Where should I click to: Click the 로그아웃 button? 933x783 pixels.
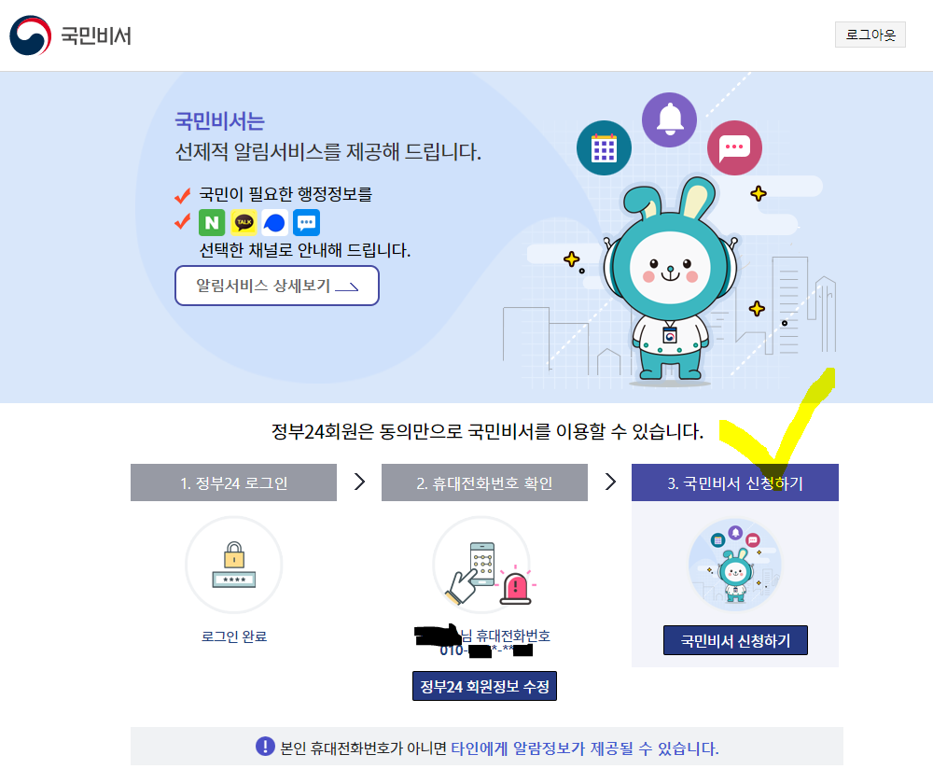point(870,35)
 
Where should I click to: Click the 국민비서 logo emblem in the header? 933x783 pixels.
point(32,36)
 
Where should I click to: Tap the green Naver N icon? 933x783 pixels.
point(212,222)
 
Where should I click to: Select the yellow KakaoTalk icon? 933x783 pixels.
point(244,222)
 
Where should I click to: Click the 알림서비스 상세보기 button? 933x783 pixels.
point(276,286)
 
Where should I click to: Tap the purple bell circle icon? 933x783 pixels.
point(669,119)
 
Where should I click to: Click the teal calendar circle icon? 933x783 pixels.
point(604,148)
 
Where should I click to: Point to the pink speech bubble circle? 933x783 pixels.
point(734,147)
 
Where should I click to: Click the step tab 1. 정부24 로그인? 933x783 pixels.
point(233,482)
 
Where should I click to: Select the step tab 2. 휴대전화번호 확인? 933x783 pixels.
point(484,482)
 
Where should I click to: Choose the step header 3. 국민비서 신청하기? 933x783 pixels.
point(734,482)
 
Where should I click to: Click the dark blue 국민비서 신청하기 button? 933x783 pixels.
point(735,641)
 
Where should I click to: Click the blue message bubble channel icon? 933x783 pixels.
point(306,222)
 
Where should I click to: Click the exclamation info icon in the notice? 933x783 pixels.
point(265,747)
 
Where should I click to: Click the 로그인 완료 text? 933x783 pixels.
point(234,636)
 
